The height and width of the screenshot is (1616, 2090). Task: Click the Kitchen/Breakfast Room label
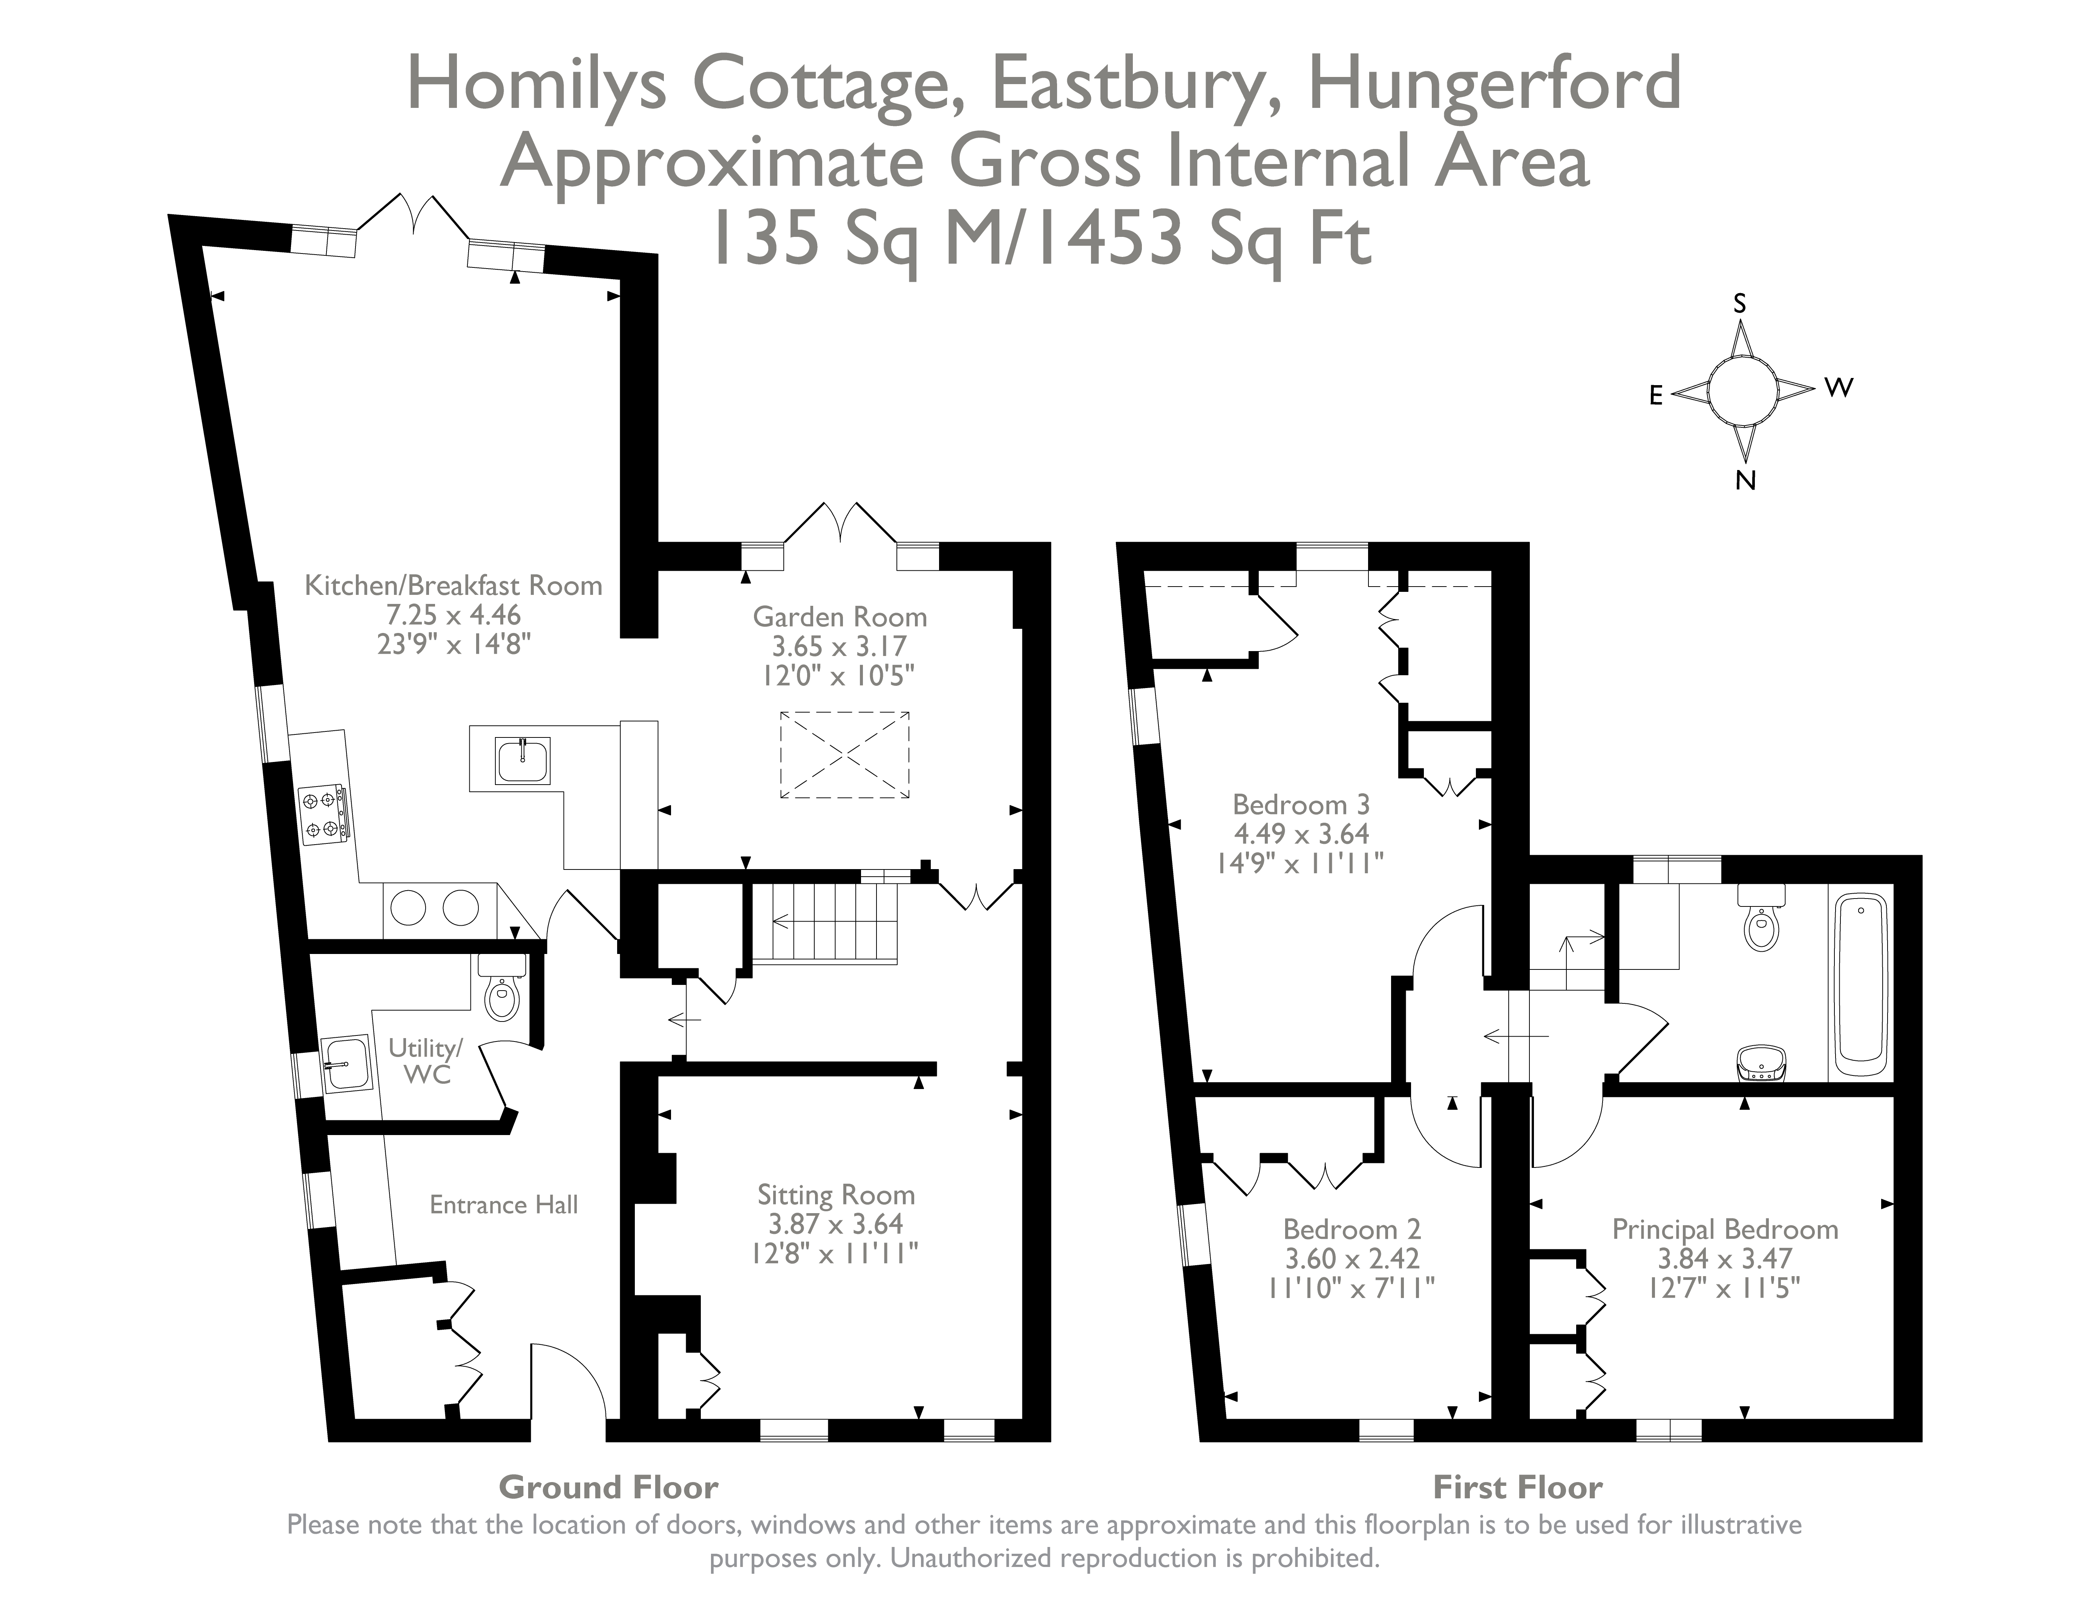(x=453, y=585)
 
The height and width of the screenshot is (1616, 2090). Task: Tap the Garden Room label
(x=839, y=616)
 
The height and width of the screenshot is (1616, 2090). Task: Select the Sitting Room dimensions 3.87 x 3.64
(x=835, y=1223)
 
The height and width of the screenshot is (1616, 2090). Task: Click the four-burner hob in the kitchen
(x=322, y=815)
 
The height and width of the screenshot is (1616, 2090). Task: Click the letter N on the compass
(x=1745, y=481)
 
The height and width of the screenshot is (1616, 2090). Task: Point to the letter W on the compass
(x=1838, y=388)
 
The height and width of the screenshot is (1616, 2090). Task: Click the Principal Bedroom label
(x=1724, y=1229)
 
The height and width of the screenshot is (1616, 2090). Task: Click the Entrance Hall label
(x=503, y=1204)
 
